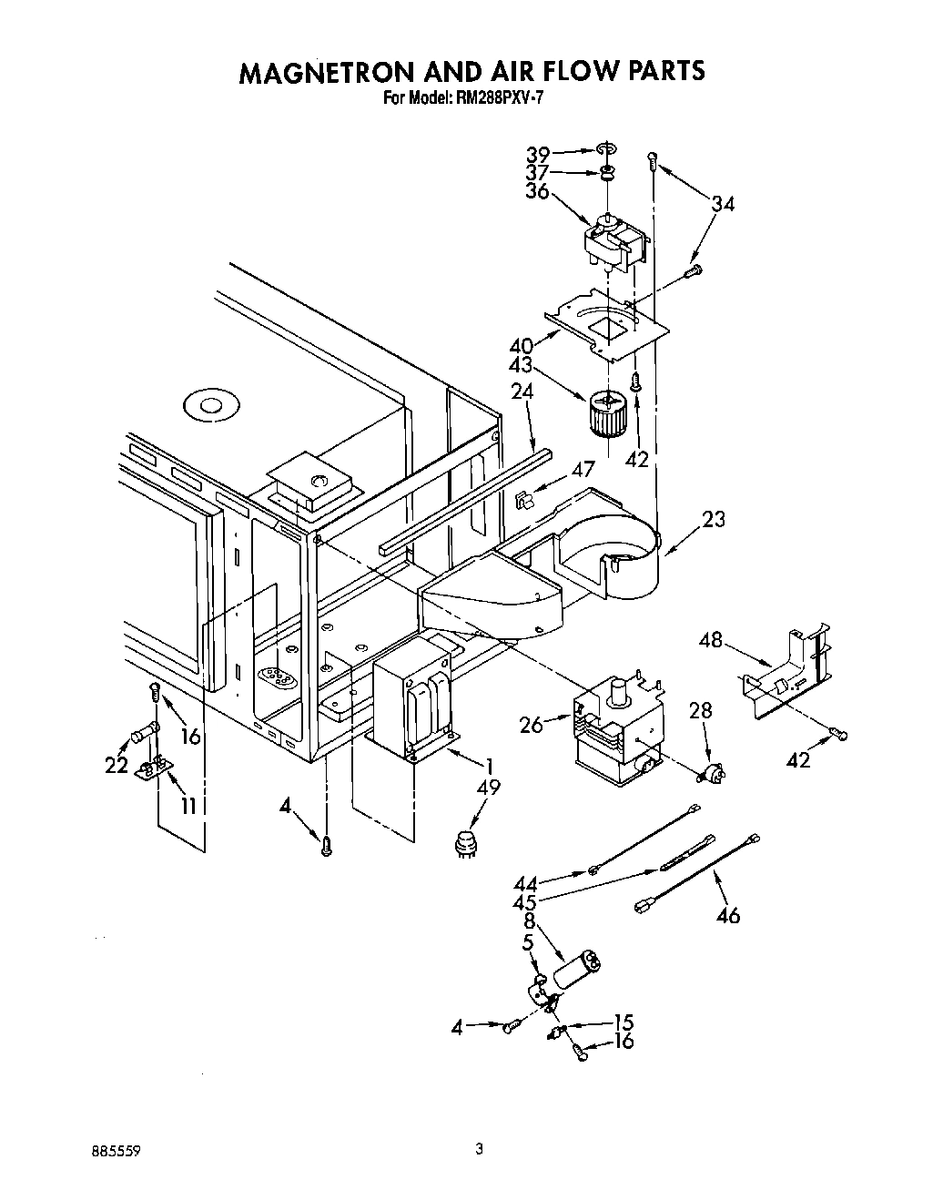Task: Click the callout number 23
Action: point(714,520)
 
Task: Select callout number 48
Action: point(710,640)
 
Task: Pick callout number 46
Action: point(727,914)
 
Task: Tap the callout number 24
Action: point(522,392)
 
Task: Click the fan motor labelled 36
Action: point(614,243)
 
